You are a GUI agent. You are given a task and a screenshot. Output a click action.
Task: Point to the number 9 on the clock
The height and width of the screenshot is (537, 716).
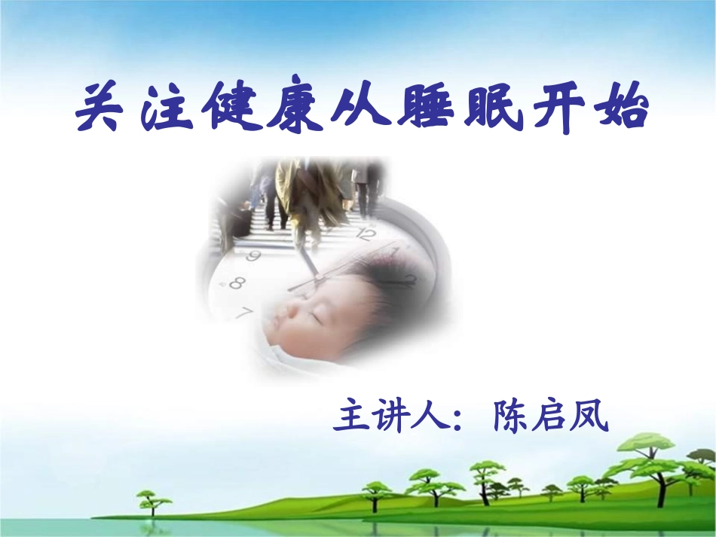pyautogui.click(x=253, y=256)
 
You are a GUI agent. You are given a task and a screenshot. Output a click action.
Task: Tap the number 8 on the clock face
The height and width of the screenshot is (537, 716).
pyautogui.click(x=237, y=284)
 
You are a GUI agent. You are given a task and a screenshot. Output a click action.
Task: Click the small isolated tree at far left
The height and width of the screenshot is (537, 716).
pyautogui.click(x=153, y=500)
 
